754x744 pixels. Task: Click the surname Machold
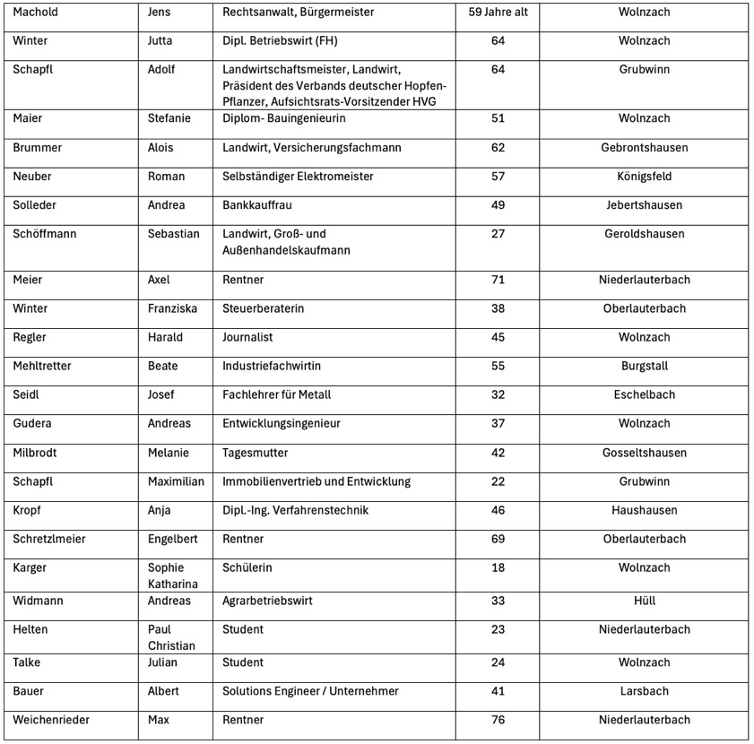pos(38,13)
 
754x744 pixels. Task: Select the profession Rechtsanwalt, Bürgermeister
pos(299,13)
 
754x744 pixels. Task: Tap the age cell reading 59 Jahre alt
pos(498,13)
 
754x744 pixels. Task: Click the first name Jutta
pos(161,41)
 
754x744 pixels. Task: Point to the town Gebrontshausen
pos(644,148)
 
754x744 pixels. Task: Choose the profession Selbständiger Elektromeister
pos(298,177)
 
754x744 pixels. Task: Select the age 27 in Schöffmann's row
pos(498,234)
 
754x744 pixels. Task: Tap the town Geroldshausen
pos(644,234)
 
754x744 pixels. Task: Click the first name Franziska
pos(172,308)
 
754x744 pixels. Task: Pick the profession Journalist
pos(247,337)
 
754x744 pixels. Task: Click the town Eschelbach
pos(644,394)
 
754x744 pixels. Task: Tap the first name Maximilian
pos(178,481)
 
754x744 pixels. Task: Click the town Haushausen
pos(644,510)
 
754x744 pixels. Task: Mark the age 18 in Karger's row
pos(498,567)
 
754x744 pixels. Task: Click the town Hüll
pos(644,601)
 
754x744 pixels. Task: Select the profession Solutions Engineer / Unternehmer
pos(310,691)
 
